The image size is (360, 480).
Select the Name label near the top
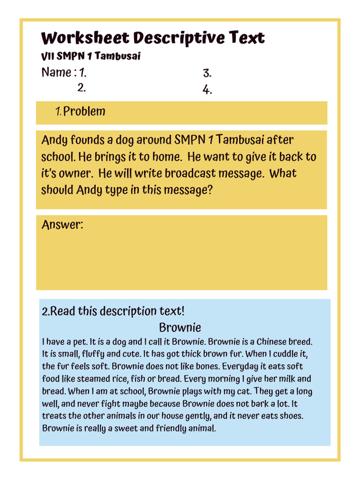pos(56,73)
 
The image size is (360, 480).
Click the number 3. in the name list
pos(207,73)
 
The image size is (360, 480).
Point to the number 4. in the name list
pos(207,90)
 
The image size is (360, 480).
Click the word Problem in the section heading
pos(84,112)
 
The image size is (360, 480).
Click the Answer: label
pos(62,225)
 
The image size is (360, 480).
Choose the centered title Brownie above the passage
pos(180,327)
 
